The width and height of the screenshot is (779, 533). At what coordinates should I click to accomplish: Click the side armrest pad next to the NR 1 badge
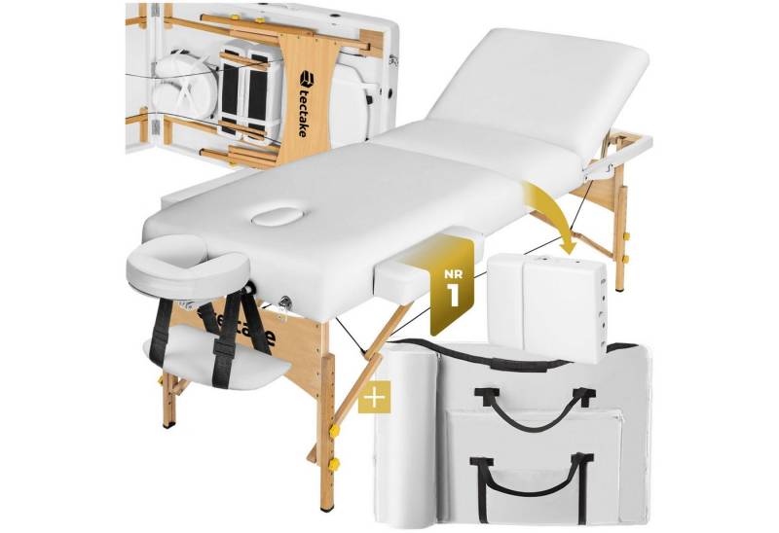[398, 282]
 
